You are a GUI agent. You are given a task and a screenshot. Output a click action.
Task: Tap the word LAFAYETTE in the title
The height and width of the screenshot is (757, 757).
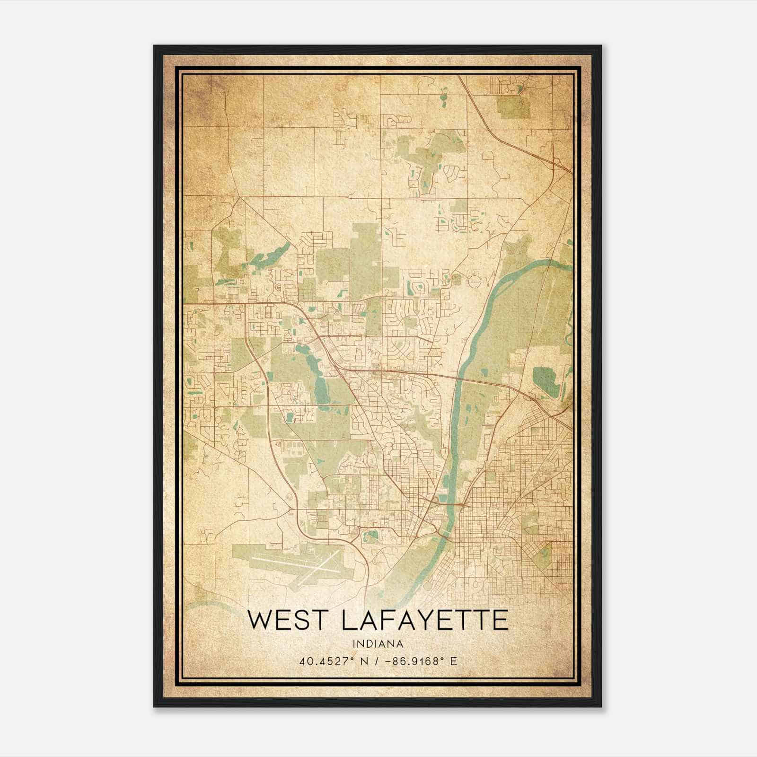click(x=424, y=620)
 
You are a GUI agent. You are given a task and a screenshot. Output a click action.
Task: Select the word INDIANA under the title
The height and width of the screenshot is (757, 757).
click(x=378, y=644)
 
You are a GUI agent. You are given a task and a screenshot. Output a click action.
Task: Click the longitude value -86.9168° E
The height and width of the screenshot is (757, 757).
click(x=422, y=661)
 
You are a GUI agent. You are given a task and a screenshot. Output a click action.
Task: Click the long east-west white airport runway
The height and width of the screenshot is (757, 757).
click(x=284, y=563)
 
